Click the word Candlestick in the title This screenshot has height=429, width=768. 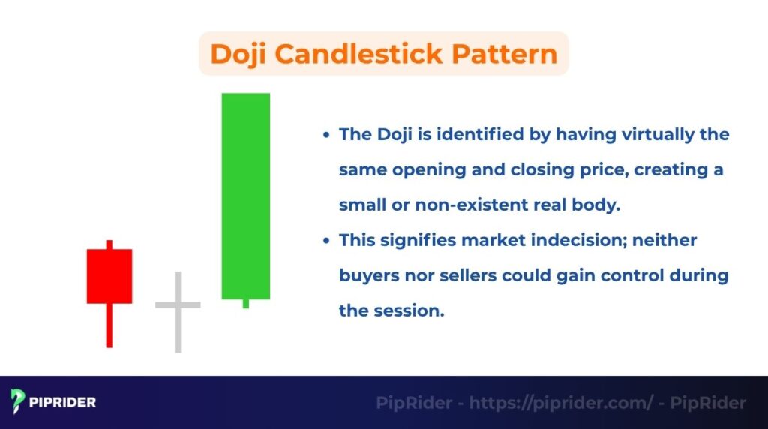click(x=356, y=54)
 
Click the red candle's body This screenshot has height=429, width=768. click(x=109, y=276)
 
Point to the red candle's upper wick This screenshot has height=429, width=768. click(x=109, y=244)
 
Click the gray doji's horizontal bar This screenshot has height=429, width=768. click(x=178, y=304)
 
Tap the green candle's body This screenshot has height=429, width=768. click(x=245, y=196)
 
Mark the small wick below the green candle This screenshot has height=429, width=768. click(x=245, y=303)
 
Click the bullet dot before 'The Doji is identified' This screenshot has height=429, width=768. click(x=325, y=135)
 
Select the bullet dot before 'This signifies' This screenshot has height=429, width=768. click(x=325, y=241)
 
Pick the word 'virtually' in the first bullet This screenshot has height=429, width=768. click(x=641, y=134)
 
